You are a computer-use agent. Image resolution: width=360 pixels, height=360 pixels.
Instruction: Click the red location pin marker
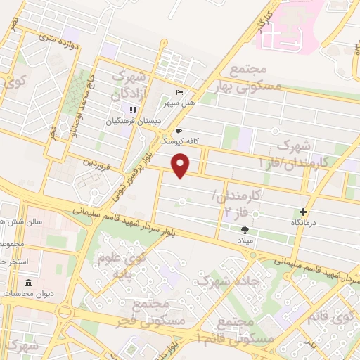point(181,166)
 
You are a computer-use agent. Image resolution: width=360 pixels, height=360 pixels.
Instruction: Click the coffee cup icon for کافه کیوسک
point(179,131)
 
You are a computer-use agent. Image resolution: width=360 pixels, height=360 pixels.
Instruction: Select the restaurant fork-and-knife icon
point(131,110)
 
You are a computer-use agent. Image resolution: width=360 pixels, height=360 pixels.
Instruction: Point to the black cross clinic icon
point(303,212)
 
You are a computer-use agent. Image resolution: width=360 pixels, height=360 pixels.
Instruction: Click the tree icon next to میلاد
point(245,229)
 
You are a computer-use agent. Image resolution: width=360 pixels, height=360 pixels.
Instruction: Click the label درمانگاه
point(305,222)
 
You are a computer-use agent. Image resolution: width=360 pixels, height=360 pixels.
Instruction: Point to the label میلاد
point(250,240)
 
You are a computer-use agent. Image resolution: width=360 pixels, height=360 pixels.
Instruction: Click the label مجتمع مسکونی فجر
point(160,314)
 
